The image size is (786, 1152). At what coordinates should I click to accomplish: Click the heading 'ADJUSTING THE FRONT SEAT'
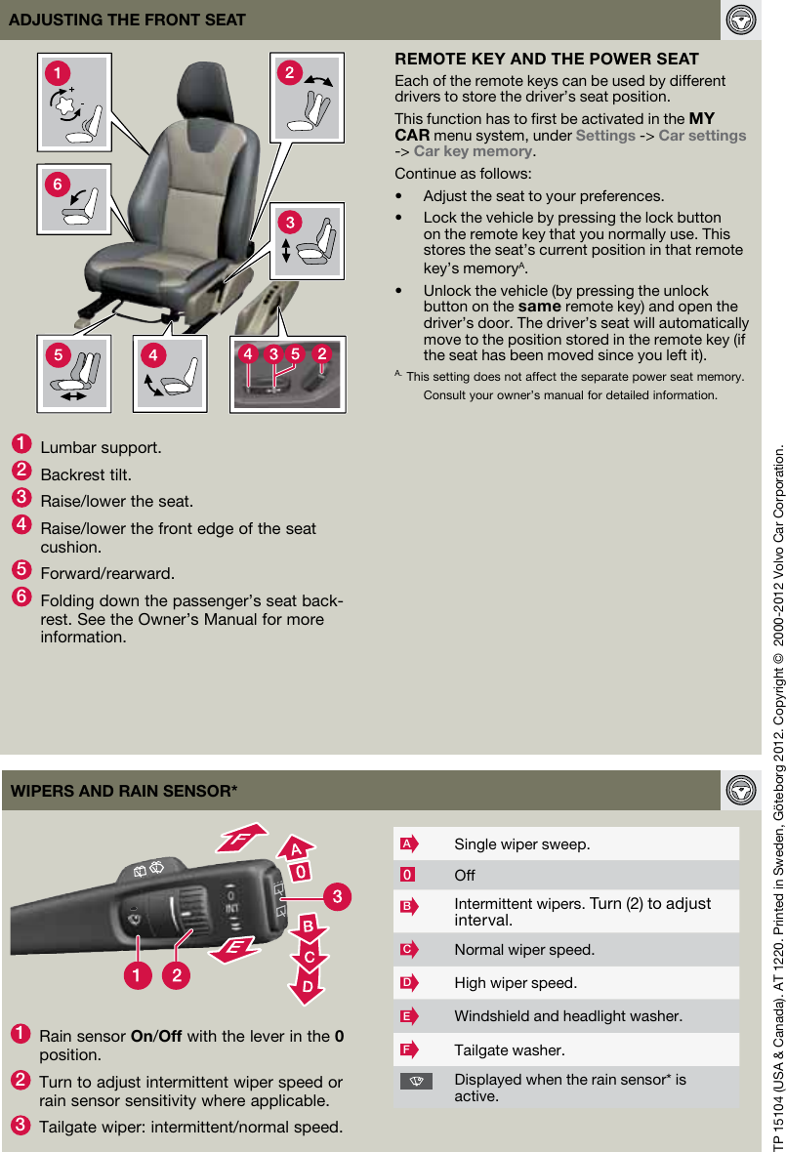[127, 20]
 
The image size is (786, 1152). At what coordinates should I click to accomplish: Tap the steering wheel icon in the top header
[741, 20]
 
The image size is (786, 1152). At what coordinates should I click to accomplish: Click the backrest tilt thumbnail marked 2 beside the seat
[310, 97]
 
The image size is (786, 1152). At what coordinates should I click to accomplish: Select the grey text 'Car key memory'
[474, 151]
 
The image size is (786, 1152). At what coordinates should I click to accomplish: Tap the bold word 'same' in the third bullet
[538, 307]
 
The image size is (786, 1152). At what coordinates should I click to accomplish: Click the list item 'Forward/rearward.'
[107, 573]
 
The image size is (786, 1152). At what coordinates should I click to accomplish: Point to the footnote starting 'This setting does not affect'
[574, 377]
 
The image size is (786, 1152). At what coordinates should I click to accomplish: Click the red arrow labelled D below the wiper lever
[307, 987]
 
